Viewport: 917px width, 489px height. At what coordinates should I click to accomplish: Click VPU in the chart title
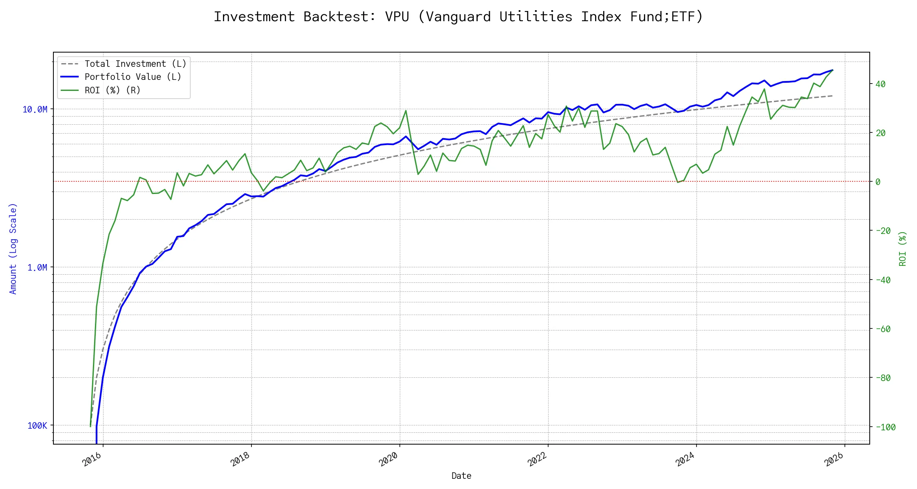click(397, 17)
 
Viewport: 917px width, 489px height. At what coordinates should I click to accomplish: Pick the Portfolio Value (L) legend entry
click(133, 77)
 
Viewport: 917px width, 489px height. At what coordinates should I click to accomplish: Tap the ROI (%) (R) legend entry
click(112, 90)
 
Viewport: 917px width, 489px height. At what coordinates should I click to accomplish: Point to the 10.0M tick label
click(35, 109)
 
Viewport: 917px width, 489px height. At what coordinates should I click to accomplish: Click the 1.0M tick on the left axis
click(37, 267)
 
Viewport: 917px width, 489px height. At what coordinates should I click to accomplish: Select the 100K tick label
click(37, 425)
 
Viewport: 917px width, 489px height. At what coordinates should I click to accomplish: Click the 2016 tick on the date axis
click(92, 459)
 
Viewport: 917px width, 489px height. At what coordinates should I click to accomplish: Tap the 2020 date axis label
click(388, 459)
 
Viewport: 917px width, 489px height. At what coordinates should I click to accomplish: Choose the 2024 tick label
click(685, 459)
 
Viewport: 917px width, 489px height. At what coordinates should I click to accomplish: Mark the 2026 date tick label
click(833, 459)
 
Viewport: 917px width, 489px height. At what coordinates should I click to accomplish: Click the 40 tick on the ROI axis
click(880, 84)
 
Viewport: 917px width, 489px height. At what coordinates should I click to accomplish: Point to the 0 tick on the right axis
click(878, 182)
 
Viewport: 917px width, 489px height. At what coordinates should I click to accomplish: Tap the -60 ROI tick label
click(883, 329)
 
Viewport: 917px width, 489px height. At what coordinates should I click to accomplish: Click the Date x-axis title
click(461, 476)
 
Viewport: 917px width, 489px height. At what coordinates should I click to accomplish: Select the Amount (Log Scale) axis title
click(13, 249)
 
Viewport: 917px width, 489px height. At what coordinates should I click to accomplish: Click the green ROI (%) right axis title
click(902, 249)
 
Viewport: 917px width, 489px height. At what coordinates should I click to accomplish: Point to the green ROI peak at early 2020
click(406, 110)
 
